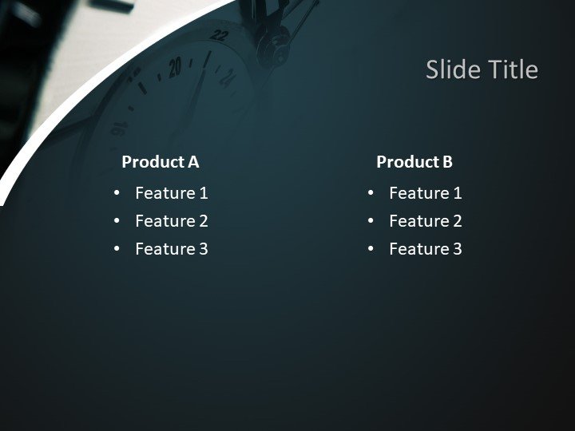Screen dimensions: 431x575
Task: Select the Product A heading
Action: [x=160, y=162]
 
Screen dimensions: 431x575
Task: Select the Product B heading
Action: [x=414, y=162]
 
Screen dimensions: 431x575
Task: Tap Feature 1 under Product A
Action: [x=171, y=193]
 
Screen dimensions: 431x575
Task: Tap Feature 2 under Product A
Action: [x=171, y=221]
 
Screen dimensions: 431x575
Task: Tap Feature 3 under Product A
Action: [x=171, y=249]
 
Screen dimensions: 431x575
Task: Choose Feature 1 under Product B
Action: [x=425, y=193]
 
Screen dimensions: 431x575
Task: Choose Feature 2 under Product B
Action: [x=425, y=221]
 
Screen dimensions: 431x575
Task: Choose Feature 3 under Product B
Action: [x=425, y=249]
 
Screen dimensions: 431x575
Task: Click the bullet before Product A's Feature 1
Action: [x=117, y=193]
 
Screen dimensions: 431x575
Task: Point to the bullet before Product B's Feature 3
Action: [x=371, y=249]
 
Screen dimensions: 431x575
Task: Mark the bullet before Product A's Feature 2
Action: [x=117, y=221]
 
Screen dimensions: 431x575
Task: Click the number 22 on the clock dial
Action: [x=220, y=37]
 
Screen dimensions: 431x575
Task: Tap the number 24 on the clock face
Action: [x=227, y=77]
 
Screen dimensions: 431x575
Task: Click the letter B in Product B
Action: [x=447, y=162]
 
